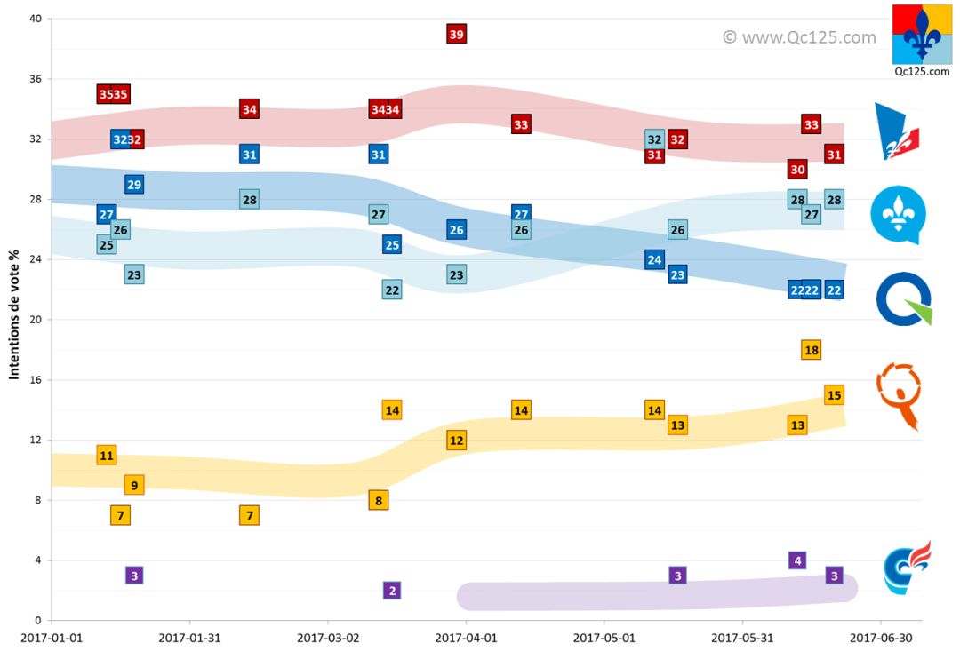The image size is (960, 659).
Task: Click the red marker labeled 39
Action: (456, 35)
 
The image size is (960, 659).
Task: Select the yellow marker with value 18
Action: (811, 350)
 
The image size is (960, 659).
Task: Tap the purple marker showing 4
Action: (797, 560)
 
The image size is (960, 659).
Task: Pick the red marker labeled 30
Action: (797, 170)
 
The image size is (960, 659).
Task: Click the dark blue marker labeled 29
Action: (134, 185)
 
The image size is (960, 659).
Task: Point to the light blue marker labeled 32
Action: (654, 139)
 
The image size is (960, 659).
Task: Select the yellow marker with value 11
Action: (107, 456)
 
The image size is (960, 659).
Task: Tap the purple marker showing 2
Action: (392, 591)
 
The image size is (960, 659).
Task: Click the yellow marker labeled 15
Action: (834, 395)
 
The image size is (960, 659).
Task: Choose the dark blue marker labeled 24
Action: (654, 259)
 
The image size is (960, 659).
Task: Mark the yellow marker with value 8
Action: (379, 501)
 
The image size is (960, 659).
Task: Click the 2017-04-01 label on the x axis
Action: (466, 638)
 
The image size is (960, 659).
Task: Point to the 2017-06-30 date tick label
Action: (880, 638)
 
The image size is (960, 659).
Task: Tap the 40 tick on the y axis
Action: (36, 20)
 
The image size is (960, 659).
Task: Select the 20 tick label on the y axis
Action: (36, 320)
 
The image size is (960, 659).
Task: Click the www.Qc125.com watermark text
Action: (798, 37)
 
